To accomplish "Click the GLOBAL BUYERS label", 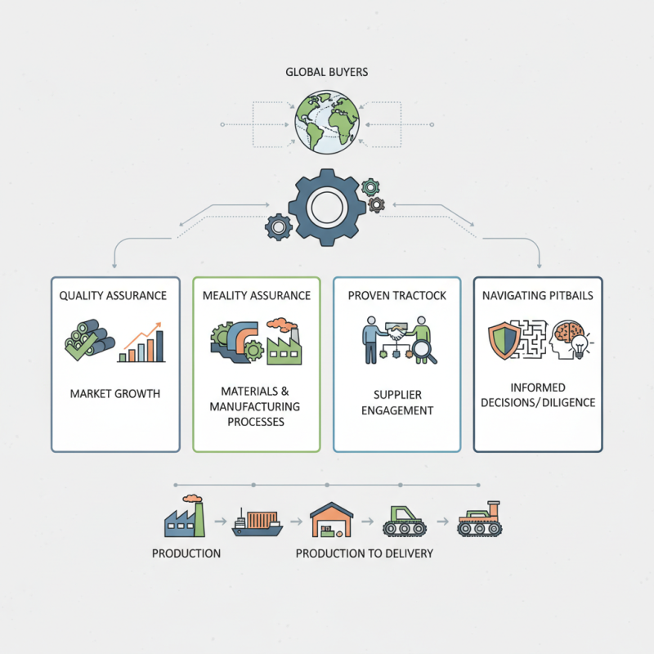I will (x=327, y=72).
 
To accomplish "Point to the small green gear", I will (x=370, y=186).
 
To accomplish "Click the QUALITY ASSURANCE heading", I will (x=114, y=295).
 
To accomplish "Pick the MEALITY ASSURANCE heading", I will (x=257, y=295).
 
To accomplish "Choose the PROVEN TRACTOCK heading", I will (x=396, y=295).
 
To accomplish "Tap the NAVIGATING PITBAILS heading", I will (x=538, y=295).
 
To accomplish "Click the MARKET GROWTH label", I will (x=115, y=394).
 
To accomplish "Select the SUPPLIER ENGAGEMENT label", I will (x=396, y=402).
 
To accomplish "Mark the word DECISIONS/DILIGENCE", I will (x=538, y=402).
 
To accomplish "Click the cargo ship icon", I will (x=258, y=523).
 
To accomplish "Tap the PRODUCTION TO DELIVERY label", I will (x=365, y=553).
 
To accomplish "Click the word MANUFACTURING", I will (x=254, y=406).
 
